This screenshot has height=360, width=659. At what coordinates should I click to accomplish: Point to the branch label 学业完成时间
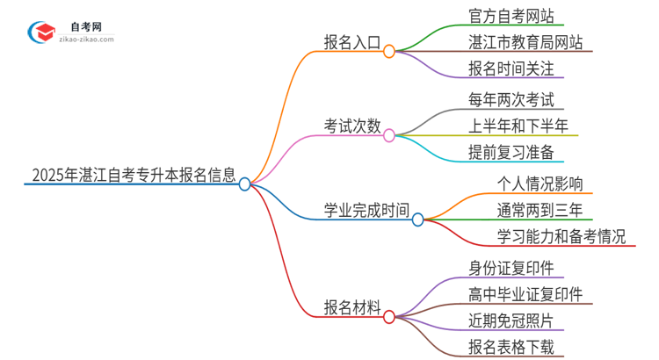coord(366,210)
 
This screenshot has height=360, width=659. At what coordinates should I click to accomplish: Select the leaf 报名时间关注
coord(512,68)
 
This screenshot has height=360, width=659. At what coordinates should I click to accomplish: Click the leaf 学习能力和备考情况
coord(561,236)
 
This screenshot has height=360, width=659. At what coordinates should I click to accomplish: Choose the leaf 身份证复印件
coord(512,268)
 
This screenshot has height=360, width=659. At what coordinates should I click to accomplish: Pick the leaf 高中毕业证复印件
coord(525,294)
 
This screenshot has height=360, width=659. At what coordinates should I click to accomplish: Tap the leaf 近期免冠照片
coord(512,320)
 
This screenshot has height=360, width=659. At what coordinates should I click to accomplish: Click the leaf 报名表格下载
coord(512,347)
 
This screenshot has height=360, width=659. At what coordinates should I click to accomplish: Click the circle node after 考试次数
coord(389,135)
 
